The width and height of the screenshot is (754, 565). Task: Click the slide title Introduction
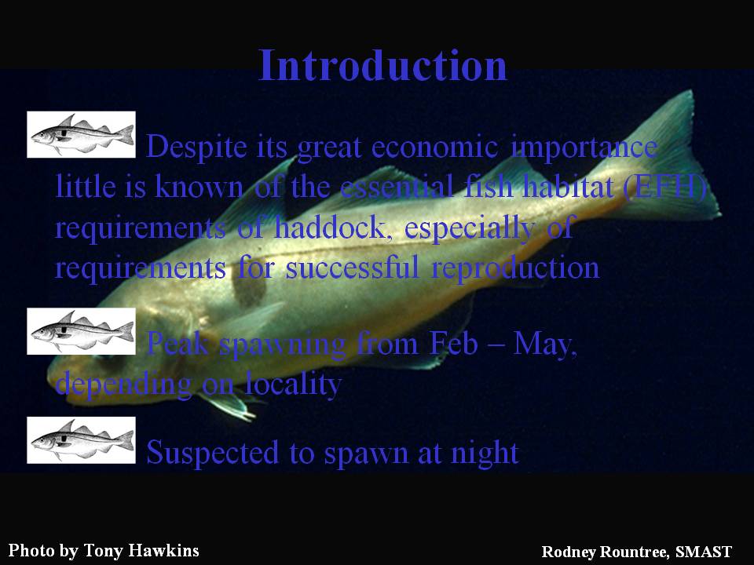(x=382, y=65)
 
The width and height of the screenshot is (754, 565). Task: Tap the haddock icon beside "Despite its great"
(x=81, y=134)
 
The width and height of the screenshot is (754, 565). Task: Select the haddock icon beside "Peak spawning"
(x=81, y=331)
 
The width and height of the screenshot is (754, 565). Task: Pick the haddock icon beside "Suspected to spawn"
(x=81, y=440)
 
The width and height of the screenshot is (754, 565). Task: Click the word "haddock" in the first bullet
(x=329, y=228)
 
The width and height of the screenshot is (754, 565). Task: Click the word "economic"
(x=434, y=147)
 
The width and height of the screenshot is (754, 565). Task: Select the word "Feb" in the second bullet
(x=453, y=344)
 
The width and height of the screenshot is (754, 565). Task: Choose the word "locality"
(x=293, y=385)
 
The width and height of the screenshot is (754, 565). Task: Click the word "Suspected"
(x=212, y=454)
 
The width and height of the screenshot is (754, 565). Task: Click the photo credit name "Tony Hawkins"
(x=141, y=550)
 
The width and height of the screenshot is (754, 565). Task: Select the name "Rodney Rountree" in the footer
(x=605, y=552)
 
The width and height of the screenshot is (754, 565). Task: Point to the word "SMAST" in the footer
(x=704, y=551)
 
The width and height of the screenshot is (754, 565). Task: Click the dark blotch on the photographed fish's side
(x=249, y=287)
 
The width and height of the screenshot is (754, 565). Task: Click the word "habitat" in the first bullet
(x=568, y=187)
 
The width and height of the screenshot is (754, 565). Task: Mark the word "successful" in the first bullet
(x=353, y=268)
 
